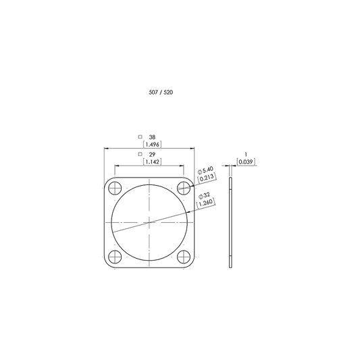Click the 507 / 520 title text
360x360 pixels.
[x=161, y=93]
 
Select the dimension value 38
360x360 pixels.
[x=152, y=137]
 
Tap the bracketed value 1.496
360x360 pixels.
[x=152, y=145]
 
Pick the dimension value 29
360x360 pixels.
[x=152, y=154]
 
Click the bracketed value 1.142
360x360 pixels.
[x=152, y=161]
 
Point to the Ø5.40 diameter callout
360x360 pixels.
[x=206, y=171]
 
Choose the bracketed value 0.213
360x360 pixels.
[x=207, y=178]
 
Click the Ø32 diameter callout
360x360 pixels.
[x=205, y=196]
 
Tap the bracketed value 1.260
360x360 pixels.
[x=206, y=203]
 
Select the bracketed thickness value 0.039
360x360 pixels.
[x=246, y=161]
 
